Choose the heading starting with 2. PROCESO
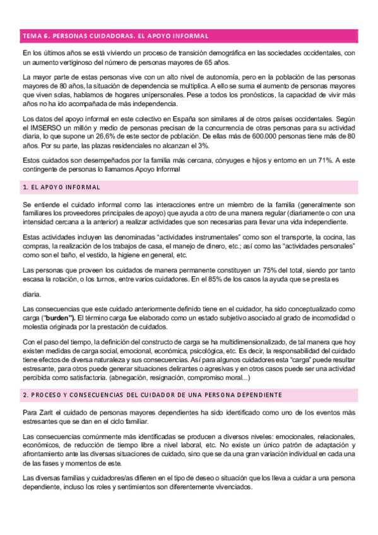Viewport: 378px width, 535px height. pyautogui.click(x=151, y=394)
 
